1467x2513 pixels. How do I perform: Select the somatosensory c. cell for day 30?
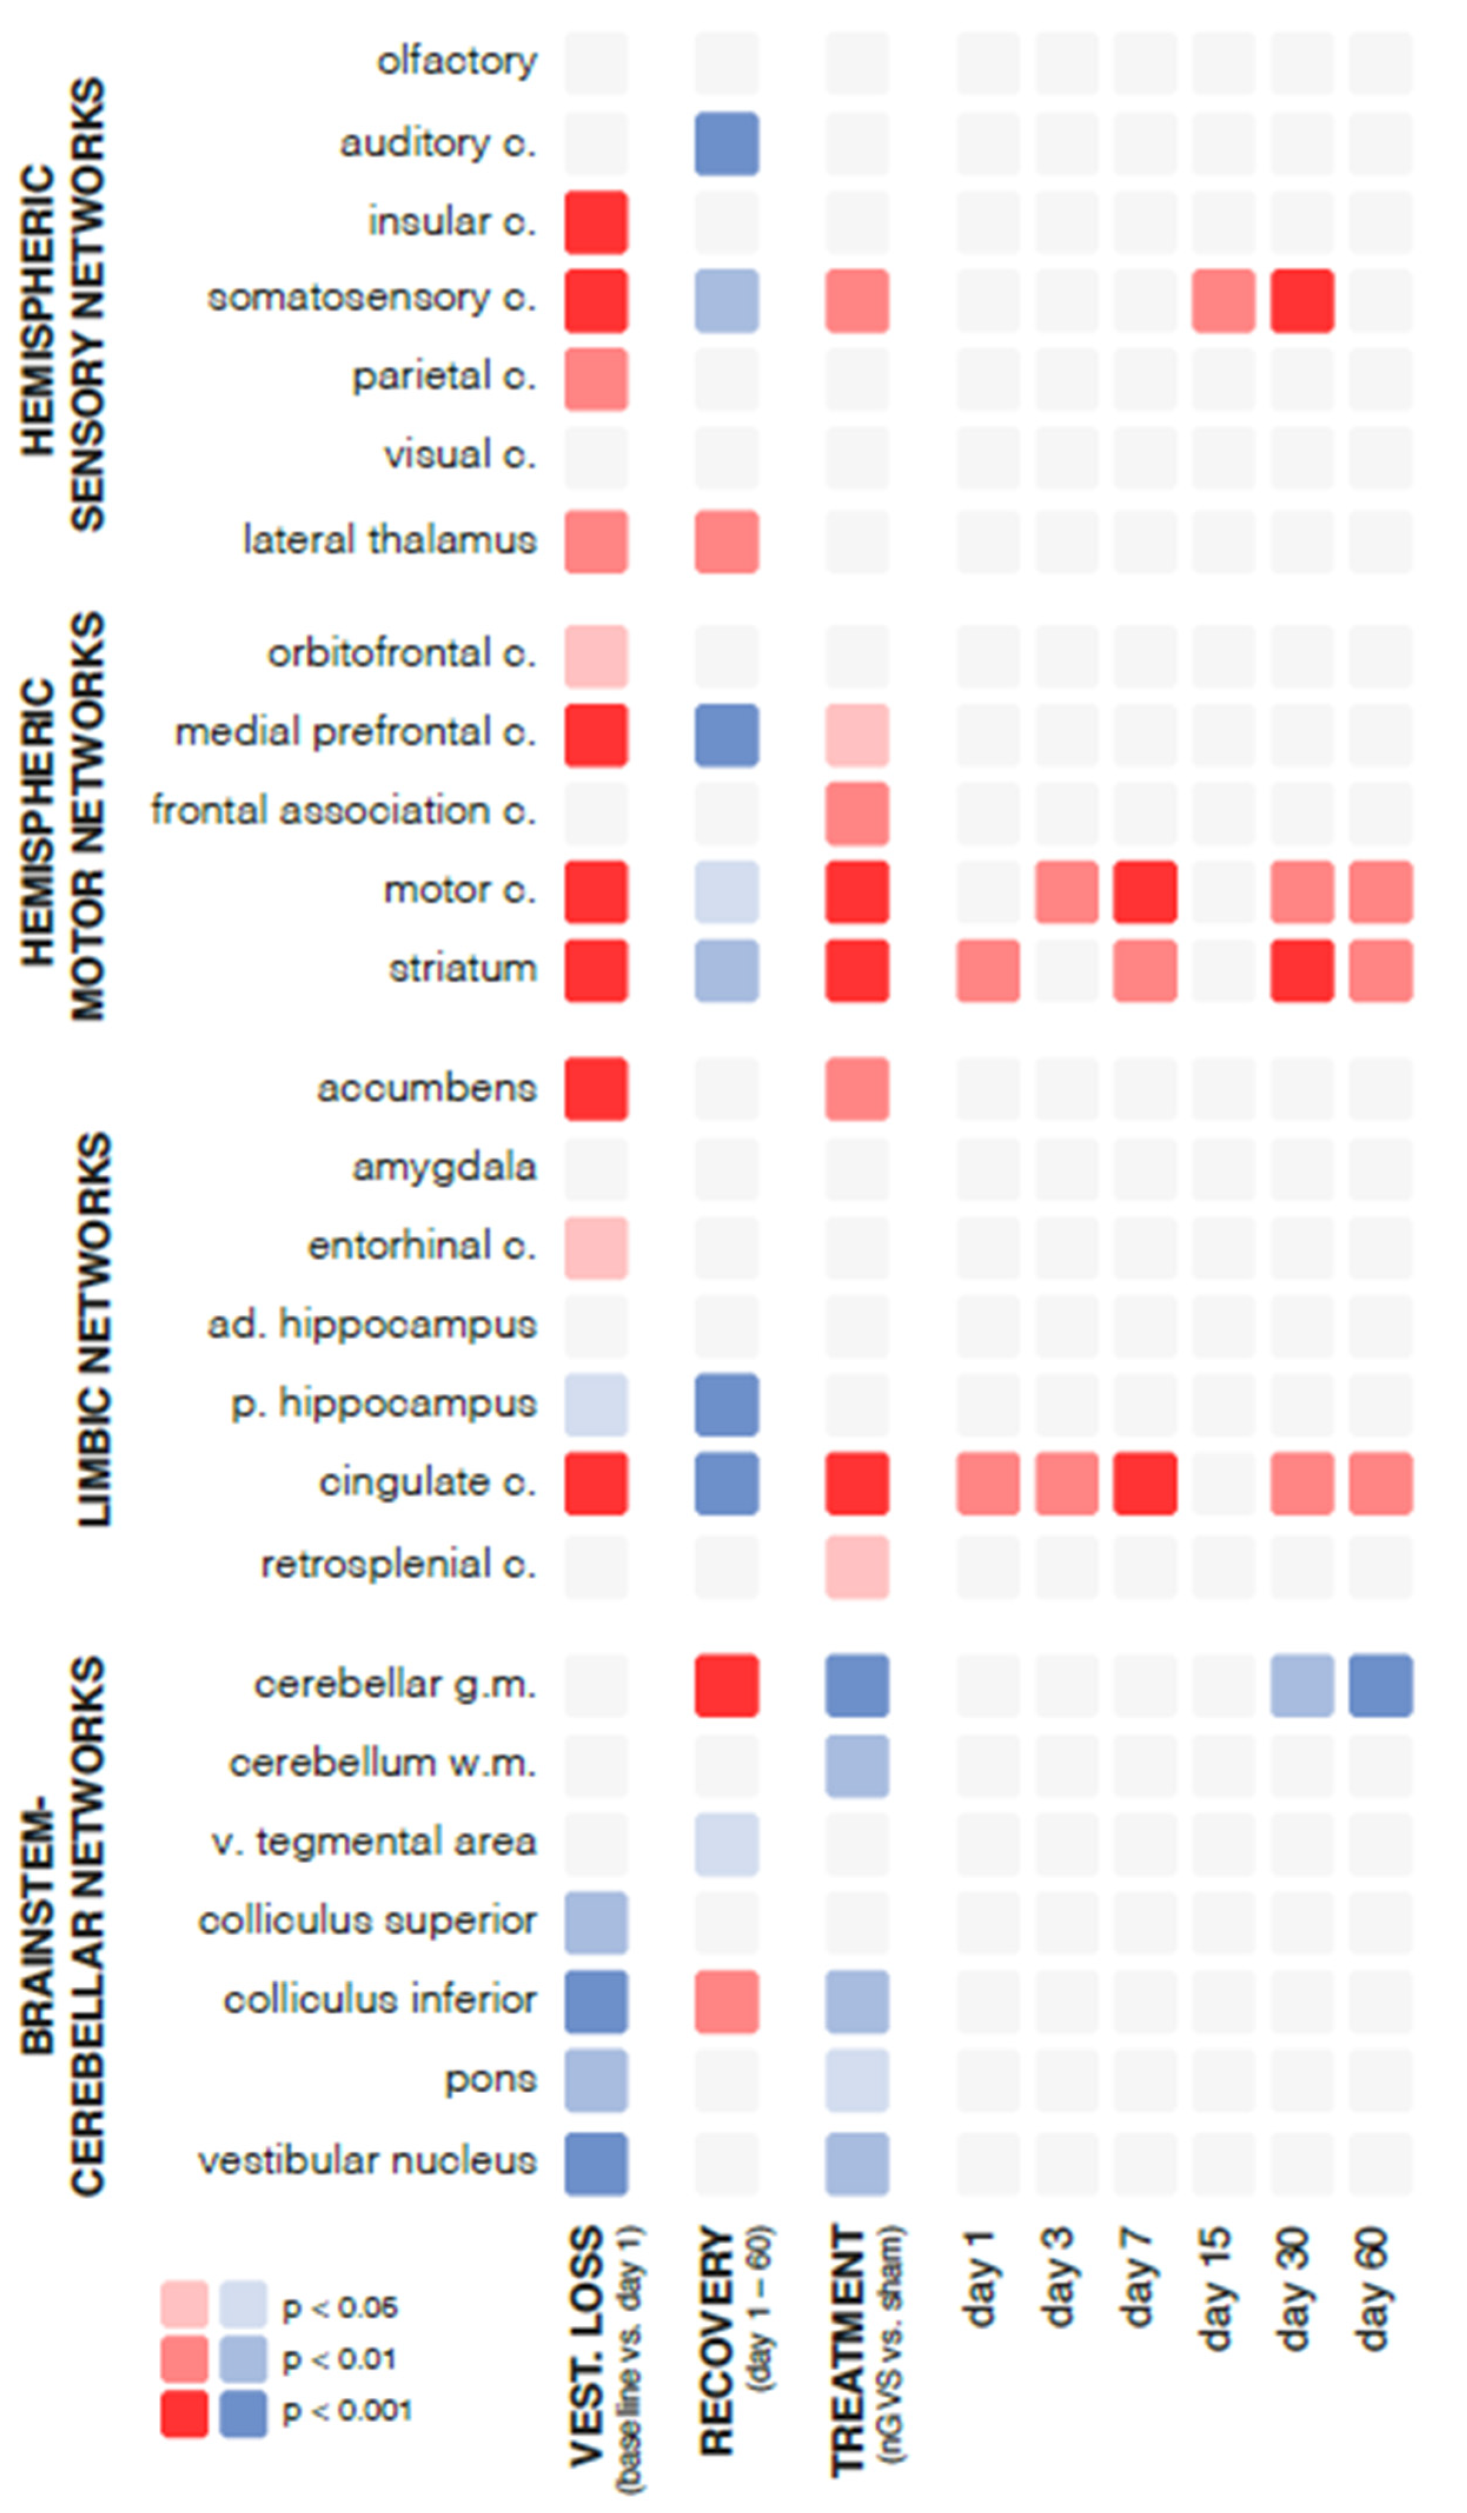coord(1302,300)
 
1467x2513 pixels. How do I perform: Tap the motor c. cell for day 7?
coord(1144,891)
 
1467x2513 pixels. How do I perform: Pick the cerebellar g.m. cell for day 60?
coord(1380,1685)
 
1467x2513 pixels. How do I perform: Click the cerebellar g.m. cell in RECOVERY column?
coord(726,1685)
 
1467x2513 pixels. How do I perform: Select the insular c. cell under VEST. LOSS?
coord(595,223)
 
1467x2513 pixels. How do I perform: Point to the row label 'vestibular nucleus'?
coord(367,2160)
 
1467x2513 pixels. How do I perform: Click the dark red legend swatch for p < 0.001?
coord(184,2413)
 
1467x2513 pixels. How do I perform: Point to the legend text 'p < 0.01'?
coord(339,2359)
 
